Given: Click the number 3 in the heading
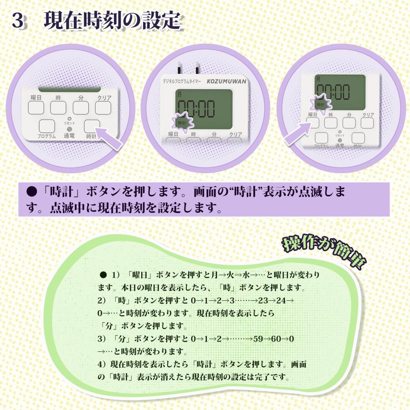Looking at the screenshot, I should click(18, 21).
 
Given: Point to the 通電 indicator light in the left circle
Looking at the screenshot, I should click(69, 129).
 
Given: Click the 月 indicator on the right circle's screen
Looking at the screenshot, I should click(317, 79).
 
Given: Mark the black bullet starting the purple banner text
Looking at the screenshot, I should click(31, 191).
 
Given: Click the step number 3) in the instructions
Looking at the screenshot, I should click(102, 339).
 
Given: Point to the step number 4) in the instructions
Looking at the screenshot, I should click(102, 365).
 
